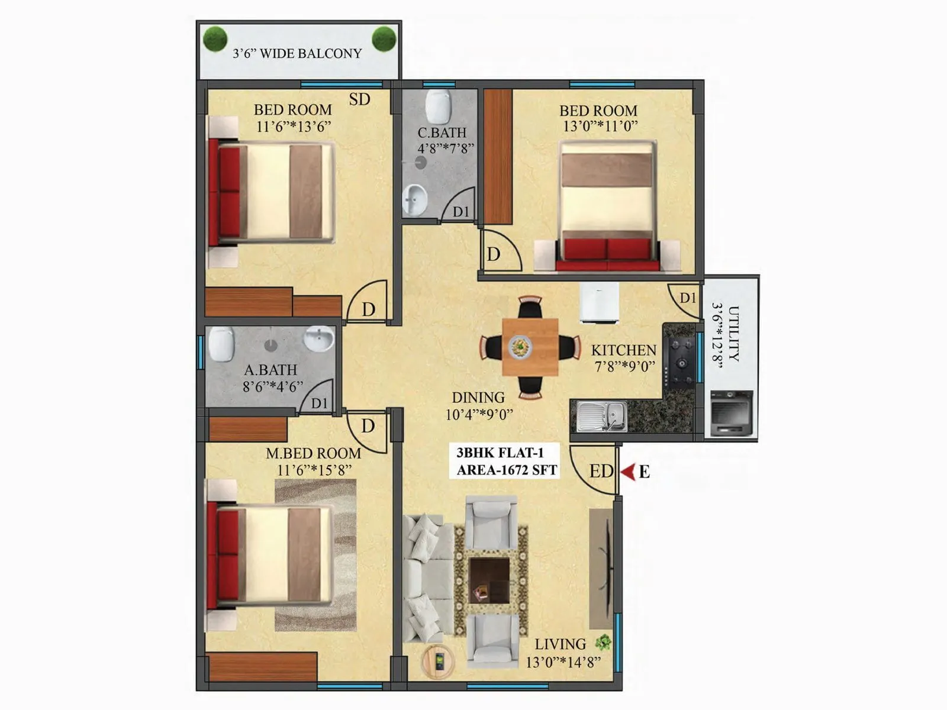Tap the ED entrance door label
click(x=601, y=471)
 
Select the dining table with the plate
click(x=530, y=347)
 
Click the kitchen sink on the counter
click(x=601, y=417)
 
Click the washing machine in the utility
click(x=731, y=412)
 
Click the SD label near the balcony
click(x=359, y=99)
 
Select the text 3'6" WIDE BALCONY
click(x=297, y=53)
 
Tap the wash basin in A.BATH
click(x=318, y=339)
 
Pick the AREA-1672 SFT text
click(x=507, y=470)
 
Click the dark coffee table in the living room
click(x=489, y=580)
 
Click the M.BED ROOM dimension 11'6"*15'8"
click(x=314, y=470)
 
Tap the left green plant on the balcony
click(x=215, y=40)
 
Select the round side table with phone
click(x=438, y=661)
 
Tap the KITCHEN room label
click(x=623, y=350)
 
